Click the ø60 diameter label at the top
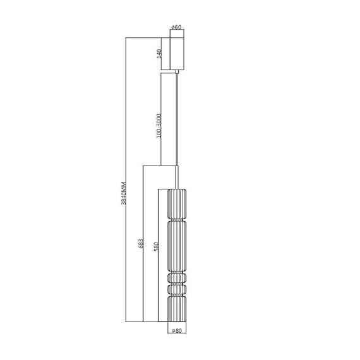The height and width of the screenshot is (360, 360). (177, 27)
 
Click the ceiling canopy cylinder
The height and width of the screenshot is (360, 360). (177, 54)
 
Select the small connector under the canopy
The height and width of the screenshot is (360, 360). (177, 73)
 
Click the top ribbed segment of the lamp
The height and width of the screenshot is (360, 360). (177, 202)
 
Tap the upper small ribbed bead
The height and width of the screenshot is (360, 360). (177, 277)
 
